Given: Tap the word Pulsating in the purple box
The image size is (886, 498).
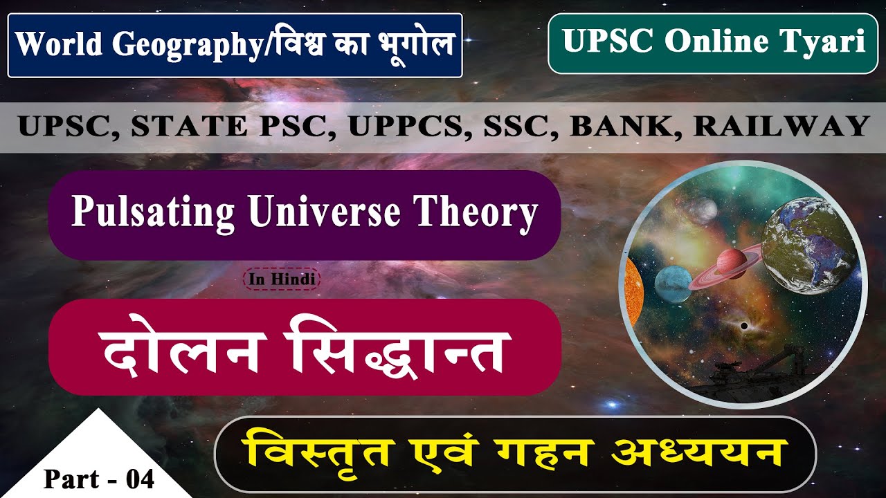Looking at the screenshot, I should pyautogui.click(x=152, y=214).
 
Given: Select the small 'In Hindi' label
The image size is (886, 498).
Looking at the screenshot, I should pyautogui.click(x=282, y=279).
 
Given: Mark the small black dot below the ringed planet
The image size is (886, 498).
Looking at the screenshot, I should pyautogui.click(x=743, y=326).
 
